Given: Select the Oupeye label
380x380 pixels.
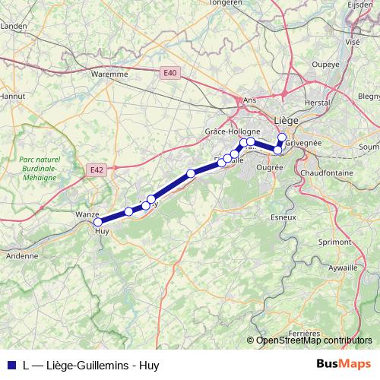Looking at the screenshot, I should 325,64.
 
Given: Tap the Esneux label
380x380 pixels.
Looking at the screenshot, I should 283,217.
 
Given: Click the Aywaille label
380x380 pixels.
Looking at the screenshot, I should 343,268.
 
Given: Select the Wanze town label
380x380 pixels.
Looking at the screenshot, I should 87,215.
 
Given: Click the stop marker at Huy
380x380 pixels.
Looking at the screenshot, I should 98,223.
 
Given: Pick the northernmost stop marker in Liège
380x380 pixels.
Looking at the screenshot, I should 282,138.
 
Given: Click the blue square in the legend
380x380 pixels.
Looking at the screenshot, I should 10,364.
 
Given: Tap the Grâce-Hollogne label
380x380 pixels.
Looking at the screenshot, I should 233,131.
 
